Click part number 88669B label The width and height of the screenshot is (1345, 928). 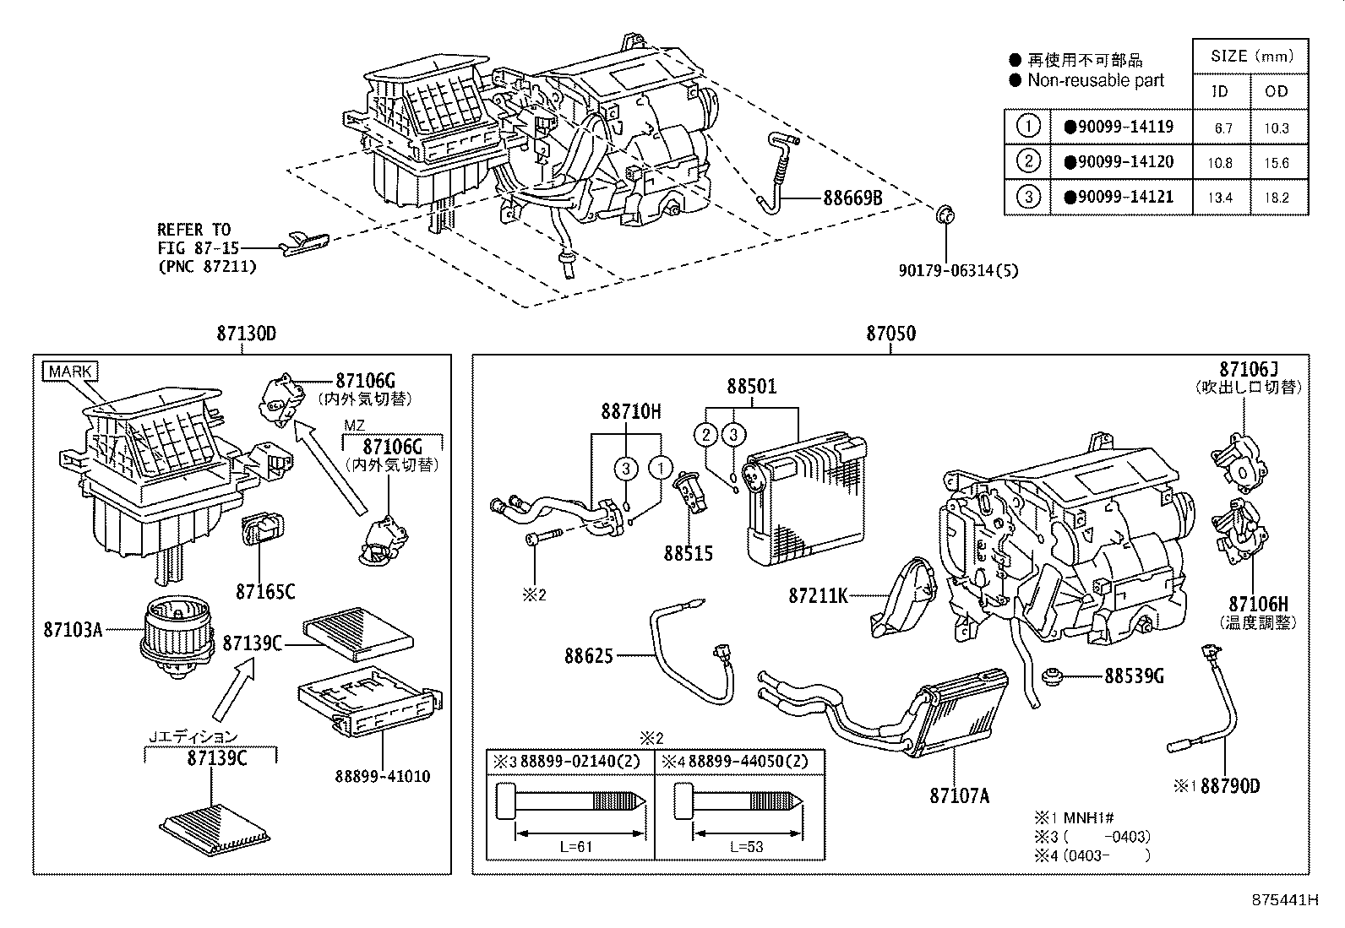click(852, 198)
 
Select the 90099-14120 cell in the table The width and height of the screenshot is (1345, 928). click(1119, 162)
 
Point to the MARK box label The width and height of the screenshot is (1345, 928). click(70, 372)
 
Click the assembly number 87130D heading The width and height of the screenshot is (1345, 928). click(246, 334)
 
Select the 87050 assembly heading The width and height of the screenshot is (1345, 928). click(890, 334)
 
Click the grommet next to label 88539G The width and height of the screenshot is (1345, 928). click(1054, 676)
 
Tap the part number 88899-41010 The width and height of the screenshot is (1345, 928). click(382, 776)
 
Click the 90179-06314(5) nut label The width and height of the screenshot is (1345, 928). click(958, 270)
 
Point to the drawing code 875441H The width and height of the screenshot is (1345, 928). click(1285, 899)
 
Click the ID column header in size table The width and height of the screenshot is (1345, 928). click(1219, 91)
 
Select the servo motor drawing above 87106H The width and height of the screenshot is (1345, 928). click(1239, 530)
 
